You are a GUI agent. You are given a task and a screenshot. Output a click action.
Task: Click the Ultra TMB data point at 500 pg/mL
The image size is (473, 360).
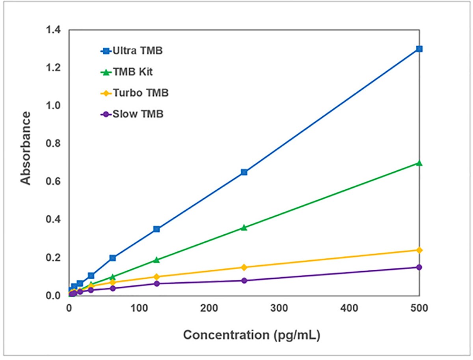(x=419, y=49)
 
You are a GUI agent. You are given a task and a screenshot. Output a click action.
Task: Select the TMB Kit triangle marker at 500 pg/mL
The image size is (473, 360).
(x=419, y=163)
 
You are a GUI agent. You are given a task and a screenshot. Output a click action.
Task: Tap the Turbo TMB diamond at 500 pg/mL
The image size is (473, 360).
(x=419, y=250)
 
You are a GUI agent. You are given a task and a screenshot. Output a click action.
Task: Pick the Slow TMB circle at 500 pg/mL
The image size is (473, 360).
(x=419, y=267)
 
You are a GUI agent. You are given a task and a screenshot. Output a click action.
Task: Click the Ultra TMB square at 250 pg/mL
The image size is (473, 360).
(x=244, y=172)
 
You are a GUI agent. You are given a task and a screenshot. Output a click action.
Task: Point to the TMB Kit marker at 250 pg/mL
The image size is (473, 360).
(x=244, y=228)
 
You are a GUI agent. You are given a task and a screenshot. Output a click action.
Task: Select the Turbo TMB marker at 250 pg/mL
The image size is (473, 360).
(x=244, y=267)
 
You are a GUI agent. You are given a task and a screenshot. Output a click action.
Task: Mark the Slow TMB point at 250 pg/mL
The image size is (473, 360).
(x=244, y=280)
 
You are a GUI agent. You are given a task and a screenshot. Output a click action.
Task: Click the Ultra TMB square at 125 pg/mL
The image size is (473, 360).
(x=156, y=229)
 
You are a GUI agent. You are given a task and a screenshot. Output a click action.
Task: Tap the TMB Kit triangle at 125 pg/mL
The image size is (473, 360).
(x=156, y=260)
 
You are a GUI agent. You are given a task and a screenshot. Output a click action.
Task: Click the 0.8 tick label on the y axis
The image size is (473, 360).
(x=53, y=144)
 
